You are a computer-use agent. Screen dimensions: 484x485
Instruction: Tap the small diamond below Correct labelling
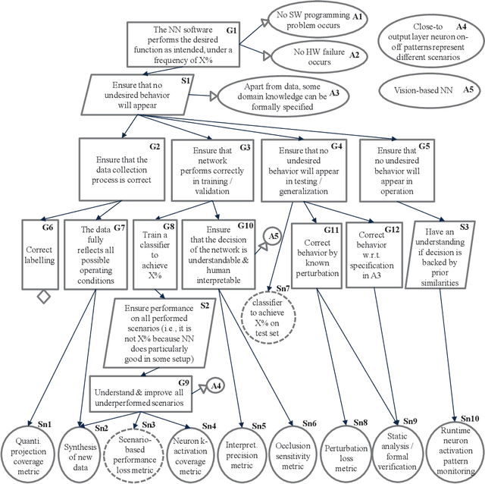pyautogui.click(x=44, y=297)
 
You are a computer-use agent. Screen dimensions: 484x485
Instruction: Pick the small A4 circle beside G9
pyautogui.click(x=214, y=385)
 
